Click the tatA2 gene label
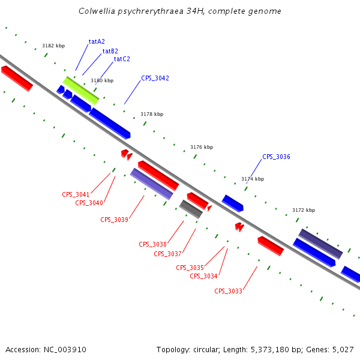tap(97, 41)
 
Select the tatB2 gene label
tap(110, 51)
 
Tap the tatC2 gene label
tap(122, 59)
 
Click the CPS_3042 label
tap(155, 78)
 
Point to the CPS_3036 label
tap(276, 157)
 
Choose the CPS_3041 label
tap(76, 194)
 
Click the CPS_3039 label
tap(114, 220)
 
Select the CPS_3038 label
tap(152, 244)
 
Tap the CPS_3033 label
tap(228, 291)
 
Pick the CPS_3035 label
tap(190, 268)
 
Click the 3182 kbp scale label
tap(53, 46)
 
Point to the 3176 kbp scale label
tap(202, 147)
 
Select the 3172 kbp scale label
tap(304, 210)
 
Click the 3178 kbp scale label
tap(152, 114)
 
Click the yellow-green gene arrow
tap(81, 91)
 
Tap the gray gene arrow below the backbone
tap(191, 209)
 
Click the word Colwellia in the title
tap(97, 11)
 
